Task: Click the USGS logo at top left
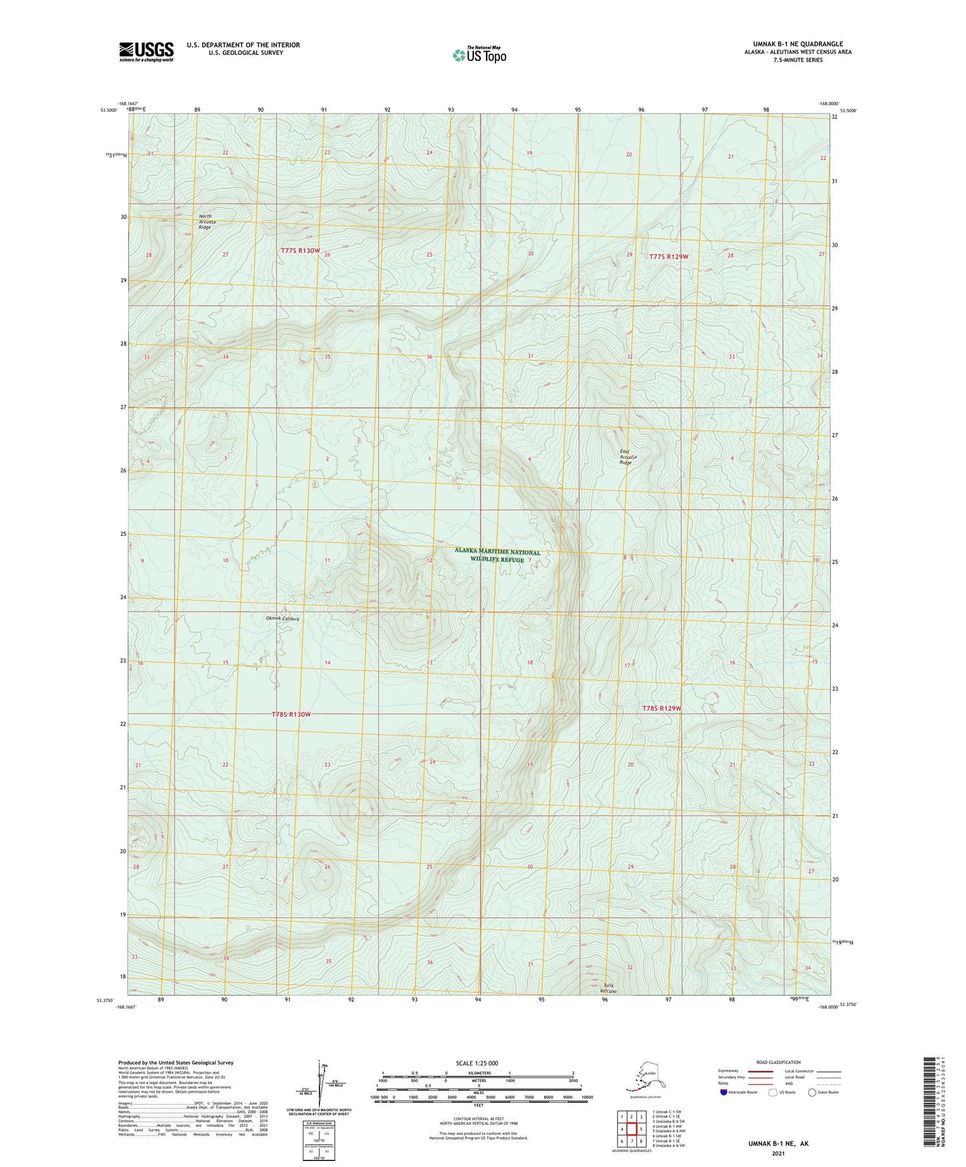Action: coord(146,51)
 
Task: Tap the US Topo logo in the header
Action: coord(479,55)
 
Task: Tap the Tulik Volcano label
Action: coord(608,989)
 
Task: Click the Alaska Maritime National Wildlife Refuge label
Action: coord(497,555)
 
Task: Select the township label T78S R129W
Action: coord(661,708)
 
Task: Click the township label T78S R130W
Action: coord(291,715)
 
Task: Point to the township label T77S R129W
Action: coord(669,257)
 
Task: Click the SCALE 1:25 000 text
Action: coord(477,1063)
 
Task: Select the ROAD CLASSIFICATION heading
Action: coord(778,1062)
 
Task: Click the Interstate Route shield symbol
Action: coord(724,1093)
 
